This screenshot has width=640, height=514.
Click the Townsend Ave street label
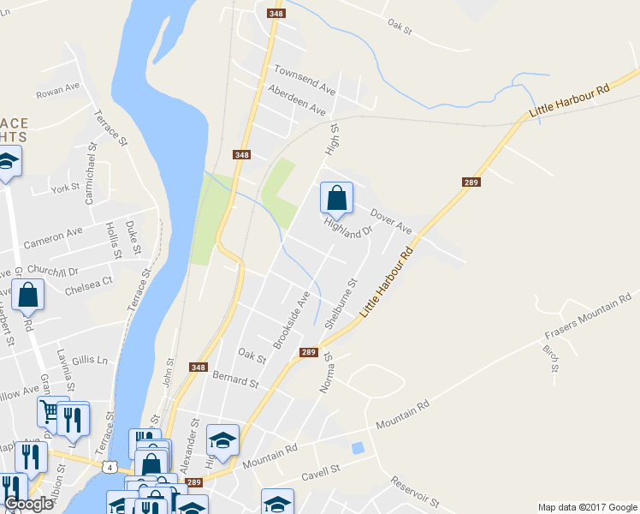[x=304, y=77]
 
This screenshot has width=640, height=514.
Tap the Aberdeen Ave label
[x=297, y=99]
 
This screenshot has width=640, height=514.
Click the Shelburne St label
[x=339, y=301]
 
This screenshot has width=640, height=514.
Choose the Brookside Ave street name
[x=291, y=320]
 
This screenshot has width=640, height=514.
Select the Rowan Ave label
[x=56, y=90]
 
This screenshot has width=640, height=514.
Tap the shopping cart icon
[x=51, y=411]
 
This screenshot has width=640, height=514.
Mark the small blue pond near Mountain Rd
[x=357, y=447]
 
